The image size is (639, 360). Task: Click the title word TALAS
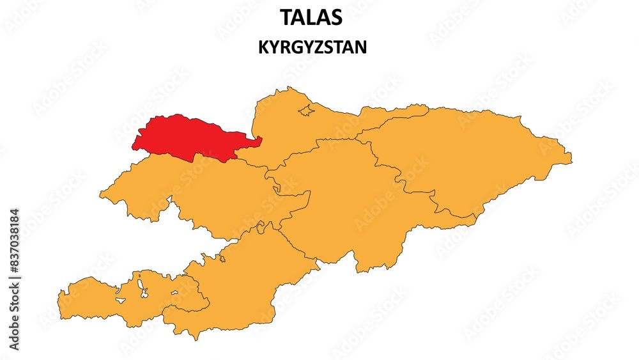[311, 18]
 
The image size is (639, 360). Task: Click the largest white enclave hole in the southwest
[139, 286]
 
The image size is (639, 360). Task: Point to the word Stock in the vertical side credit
[15, 317]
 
